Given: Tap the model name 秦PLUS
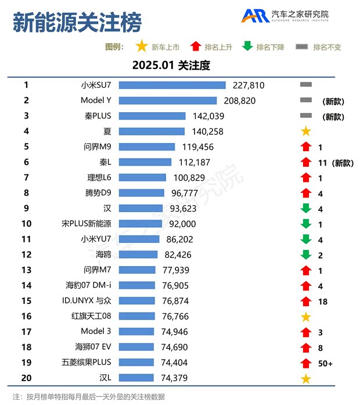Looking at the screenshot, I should coord(98,116).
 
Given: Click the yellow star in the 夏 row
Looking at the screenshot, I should coord(306,131).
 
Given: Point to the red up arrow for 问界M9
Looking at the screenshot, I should coord(306,147).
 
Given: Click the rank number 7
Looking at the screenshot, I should coord(26,177).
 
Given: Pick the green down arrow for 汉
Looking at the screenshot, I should coord(306,209).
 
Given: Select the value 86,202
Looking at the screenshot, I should coord(179,239).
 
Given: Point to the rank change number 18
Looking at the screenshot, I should coord(323,301).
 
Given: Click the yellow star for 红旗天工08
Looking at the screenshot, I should coord(306,317).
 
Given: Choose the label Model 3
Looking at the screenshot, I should coord(96,332).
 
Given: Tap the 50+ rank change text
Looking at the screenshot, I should coord(325,363).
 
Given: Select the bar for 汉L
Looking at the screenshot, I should coord(134,378).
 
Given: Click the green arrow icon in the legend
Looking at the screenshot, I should coord(248,47).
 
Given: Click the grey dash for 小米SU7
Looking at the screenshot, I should coord(306,85).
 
